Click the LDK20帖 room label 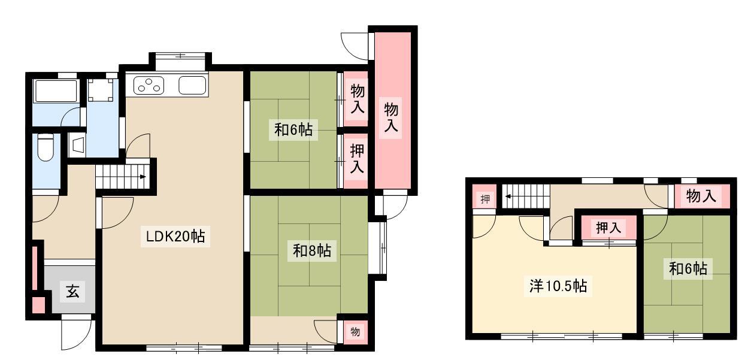tap(175, 236)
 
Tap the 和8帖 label tap(311, 250)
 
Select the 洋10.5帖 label tap(558, 286)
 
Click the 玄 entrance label tap(72, 292)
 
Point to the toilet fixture tap(46, 147)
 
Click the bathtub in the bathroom tap(56, 90)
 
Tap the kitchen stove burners tap(149, 86)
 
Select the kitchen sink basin tap(192, 86)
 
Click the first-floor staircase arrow tap(143, 177)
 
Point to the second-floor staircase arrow tap(508, 196)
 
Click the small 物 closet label tap(355, 331)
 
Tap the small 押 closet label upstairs tap(485, 199)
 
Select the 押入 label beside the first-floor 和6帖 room tap(356, 159)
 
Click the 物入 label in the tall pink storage tap(391, 117)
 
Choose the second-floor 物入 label tap(701, 196)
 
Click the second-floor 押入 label tap(608, 228)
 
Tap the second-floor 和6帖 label tap(688, 268)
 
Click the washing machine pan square tap(100, 89)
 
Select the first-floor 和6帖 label tap(293, 129)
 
